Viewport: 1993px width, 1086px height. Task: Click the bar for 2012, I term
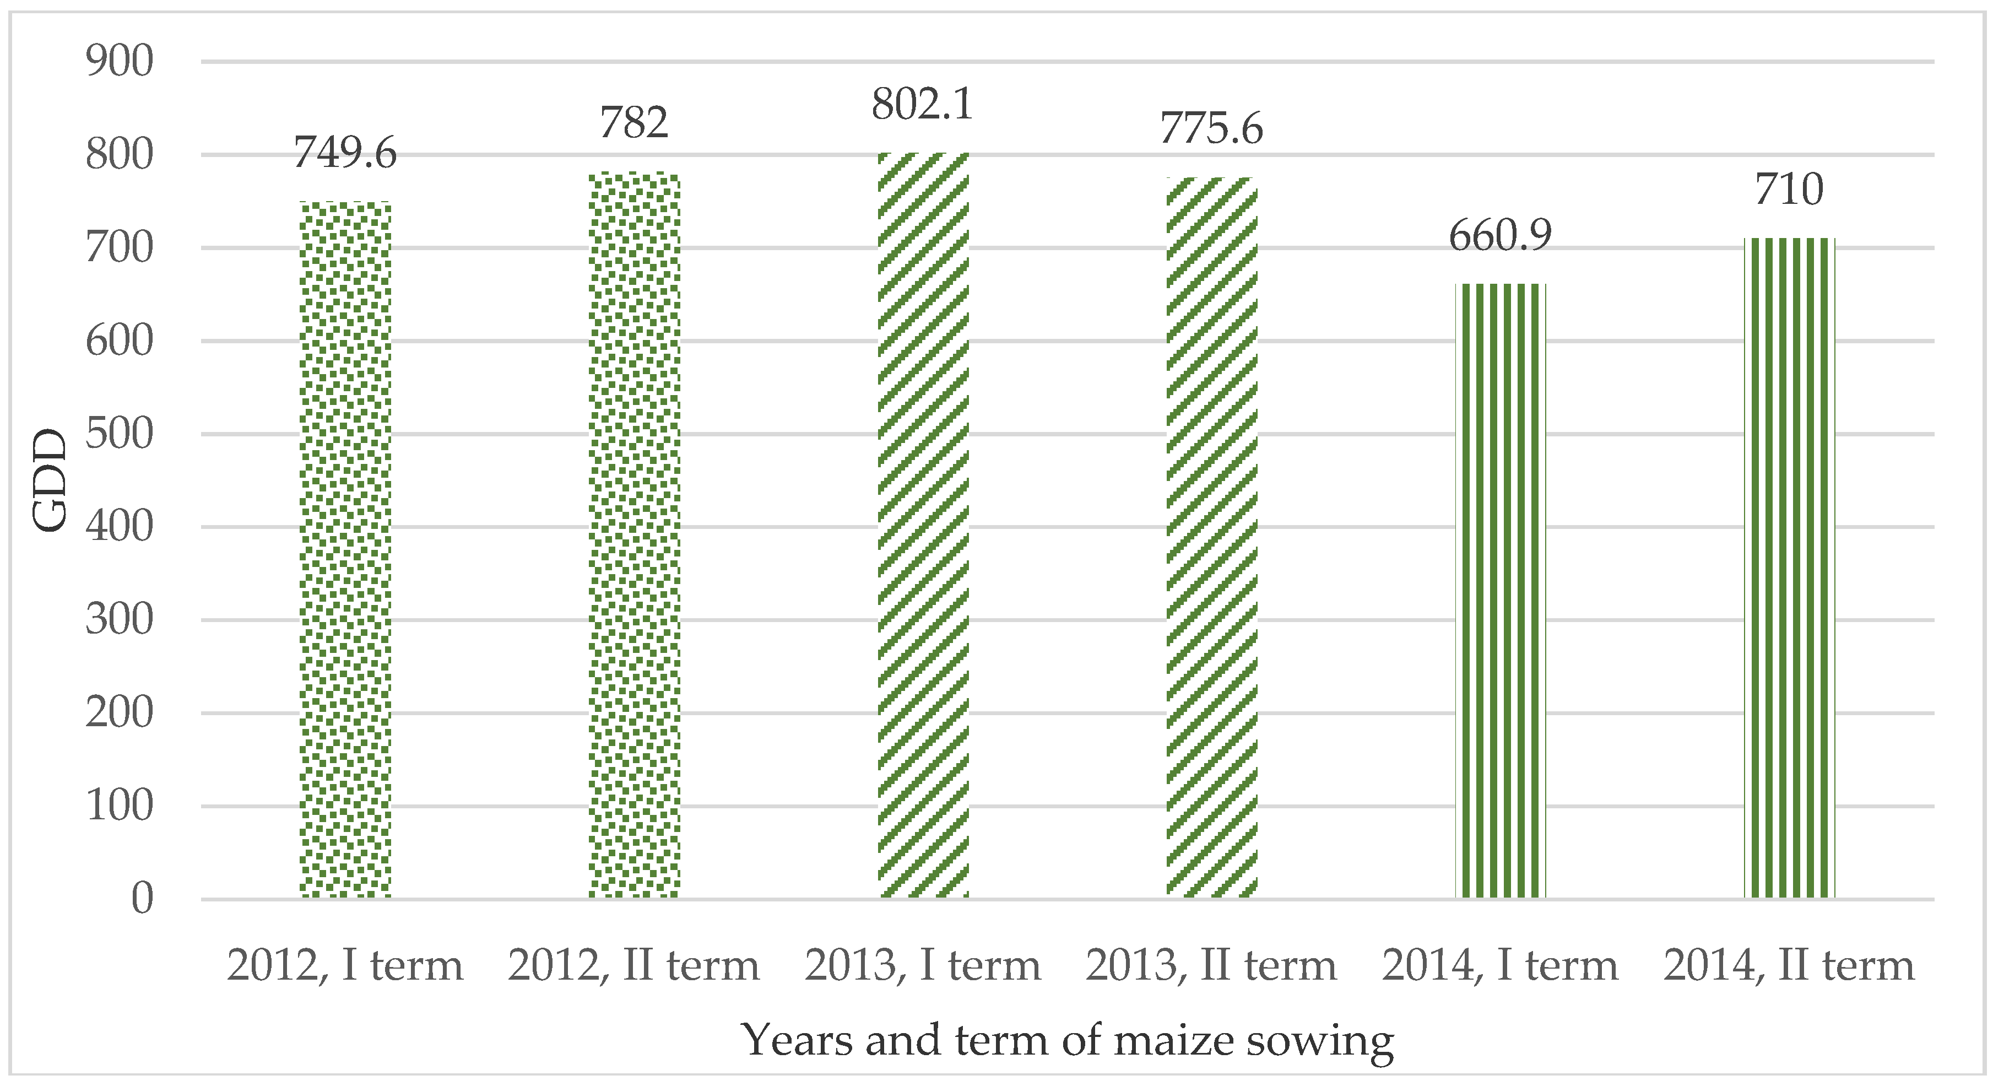[x=345, y=549]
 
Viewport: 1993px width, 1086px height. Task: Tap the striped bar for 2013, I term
[x=923, y=526]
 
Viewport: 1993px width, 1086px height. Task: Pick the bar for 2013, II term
[x=1211, y=538]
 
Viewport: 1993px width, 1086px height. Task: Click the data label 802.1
[x=922, y=105]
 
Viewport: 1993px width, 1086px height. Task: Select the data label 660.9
[x=1500, y=235]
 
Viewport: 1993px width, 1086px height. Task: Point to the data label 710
[x=1789, y=190]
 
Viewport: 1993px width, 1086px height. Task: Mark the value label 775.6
[x=1211, y=128]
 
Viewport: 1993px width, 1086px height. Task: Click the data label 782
[x=633, y=123]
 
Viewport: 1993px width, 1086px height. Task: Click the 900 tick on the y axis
[x=119, y=61]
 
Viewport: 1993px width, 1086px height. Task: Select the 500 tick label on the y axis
[x=119, y=434]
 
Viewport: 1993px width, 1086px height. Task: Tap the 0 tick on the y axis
[x=142, y=899]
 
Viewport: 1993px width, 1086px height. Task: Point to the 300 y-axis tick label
[x=119, y=619]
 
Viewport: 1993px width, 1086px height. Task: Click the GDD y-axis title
[x=51, y=480]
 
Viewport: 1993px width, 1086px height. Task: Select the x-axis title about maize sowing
[x=1068, y=1040]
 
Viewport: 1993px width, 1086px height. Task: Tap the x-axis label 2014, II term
[x=1789, y=965]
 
